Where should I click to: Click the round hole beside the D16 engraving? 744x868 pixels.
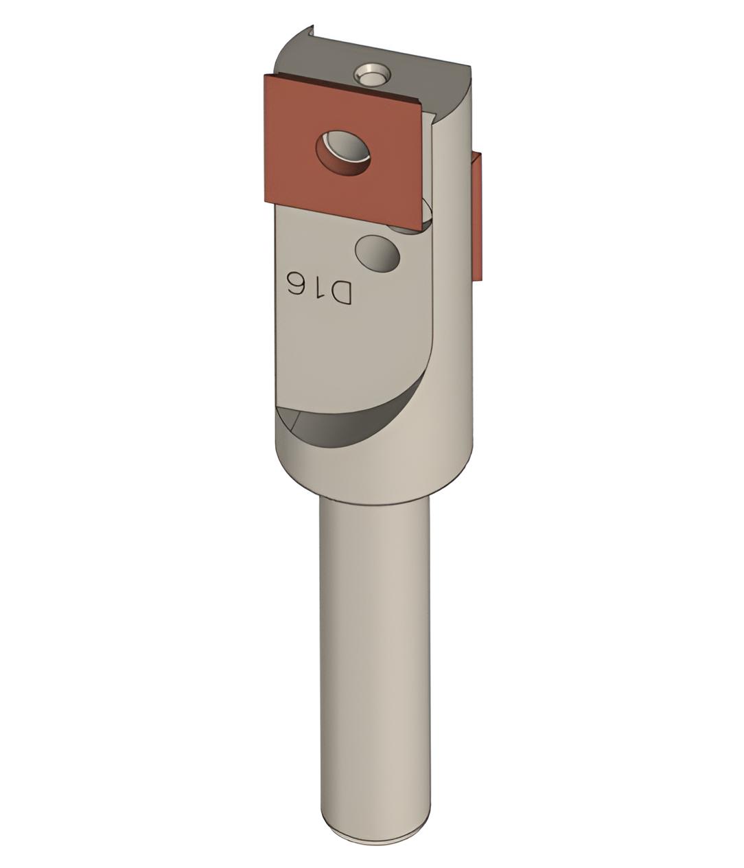click(x=377, y=253)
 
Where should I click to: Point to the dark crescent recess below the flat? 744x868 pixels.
click(x=343, y=419)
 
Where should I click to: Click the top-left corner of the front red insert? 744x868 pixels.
click(x=265, y=74)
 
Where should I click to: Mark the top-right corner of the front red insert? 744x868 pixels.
click(x=421, y=104)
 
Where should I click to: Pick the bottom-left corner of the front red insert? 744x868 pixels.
click(x=265, y=204)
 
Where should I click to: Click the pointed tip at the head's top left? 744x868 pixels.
click(x=312, y=28)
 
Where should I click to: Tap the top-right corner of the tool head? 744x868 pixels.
click(x=472, y=67)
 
